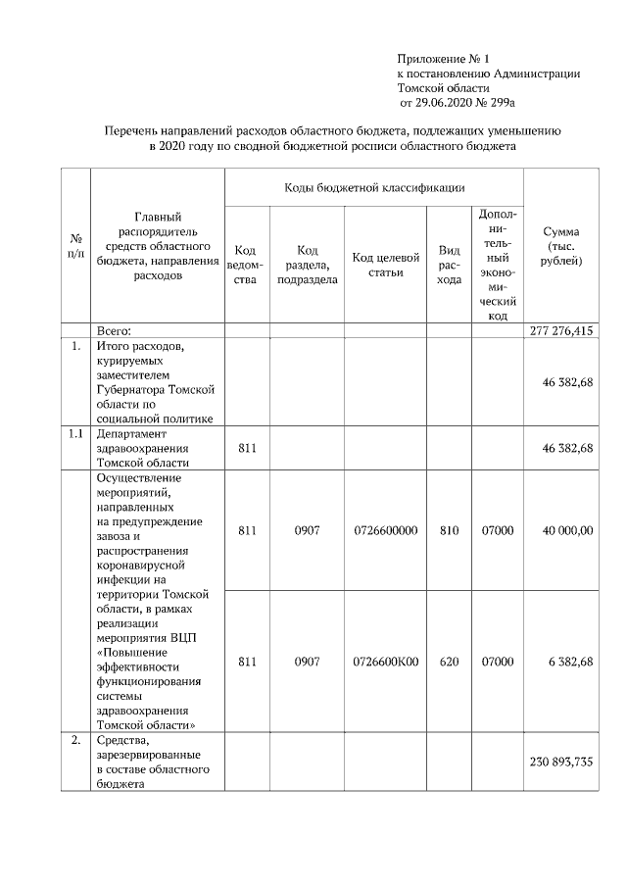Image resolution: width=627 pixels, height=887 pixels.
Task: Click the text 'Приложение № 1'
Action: [x=442, y=60]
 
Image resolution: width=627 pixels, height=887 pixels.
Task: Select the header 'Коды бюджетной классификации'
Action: [x=374, y=186]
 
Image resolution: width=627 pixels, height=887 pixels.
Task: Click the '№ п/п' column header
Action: [x=75, y=246]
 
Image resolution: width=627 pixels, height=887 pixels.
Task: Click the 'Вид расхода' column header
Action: [x=449, y=265]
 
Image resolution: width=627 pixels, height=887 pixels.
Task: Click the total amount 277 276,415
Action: [x=560, y=331]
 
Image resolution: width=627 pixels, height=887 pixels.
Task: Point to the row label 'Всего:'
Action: [x=114, y=331]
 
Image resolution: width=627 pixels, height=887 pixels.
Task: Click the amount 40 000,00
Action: [x=568, y=530]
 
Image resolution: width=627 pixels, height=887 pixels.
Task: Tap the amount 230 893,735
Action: [x=560, y=762]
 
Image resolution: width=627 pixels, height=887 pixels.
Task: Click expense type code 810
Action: [x=449, y=530]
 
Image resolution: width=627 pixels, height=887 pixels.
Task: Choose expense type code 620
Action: [x=449, y=662]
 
